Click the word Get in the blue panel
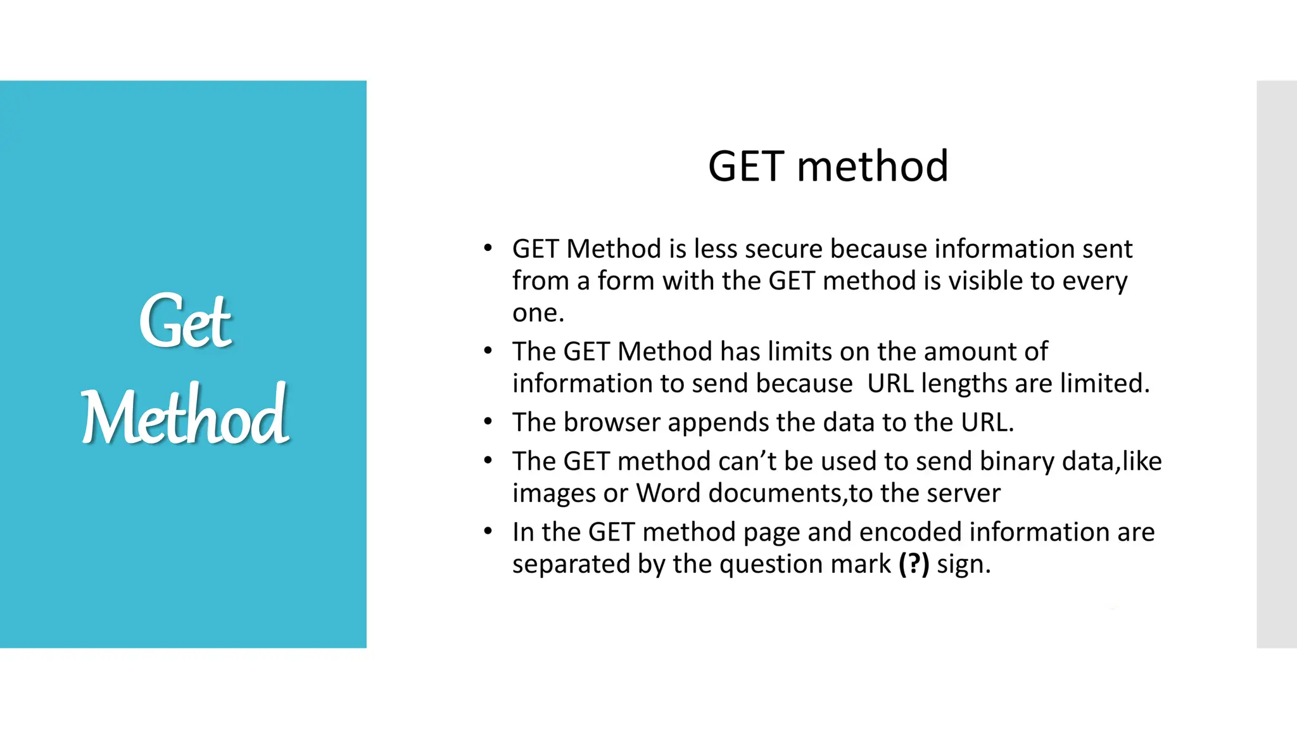(x=185, y=322)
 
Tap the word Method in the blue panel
(x=185, y=416)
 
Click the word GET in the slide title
(x=745, y=167)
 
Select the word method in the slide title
(x=872, y=167)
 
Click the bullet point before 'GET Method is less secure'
(x=487, y=248)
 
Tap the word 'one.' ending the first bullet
(x=538, y=313)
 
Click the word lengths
(x=961, y=384)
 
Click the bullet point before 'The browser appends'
(x=487, y=421)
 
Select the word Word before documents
(x=667, y=493)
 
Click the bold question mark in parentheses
(x=914, y=564)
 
